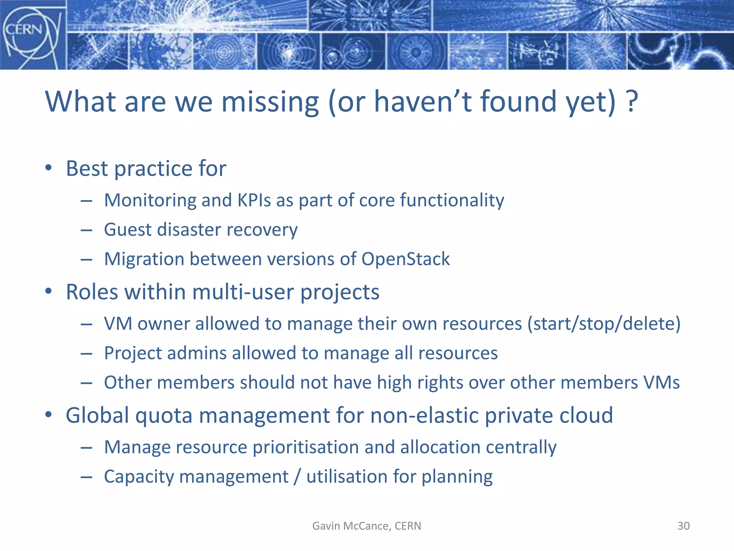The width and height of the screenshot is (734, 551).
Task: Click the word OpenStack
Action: point(405,259)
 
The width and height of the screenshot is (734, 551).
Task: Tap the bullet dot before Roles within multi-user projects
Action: point(49,291)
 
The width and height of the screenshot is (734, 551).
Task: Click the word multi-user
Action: point(243,292)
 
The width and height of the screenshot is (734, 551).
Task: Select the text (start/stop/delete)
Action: point(604,324)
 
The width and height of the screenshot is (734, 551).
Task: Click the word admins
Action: point(197,353)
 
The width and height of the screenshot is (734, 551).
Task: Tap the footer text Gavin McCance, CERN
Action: point(367,526)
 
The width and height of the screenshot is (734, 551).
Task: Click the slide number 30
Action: point(683,526)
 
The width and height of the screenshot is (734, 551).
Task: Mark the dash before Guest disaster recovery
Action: point(86,230)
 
